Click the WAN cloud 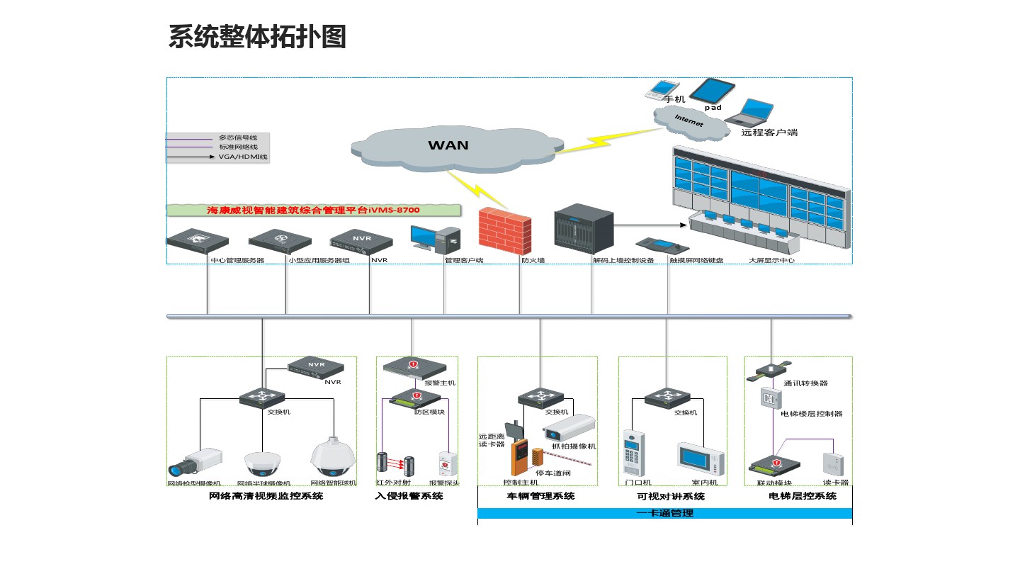(x=448, y=145)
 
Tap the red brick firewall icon (x=504, y=231)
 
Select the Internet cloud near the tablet (x=690, y=121)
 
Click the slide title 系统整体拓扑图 (x=257, y=37)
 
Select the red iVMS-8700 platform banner (x=313, y=210)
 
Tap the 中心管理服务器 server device (x=203, y=241)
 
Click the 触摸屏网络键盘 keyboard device (x=662, y=246)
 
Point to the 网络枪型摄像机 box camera (x=194, y=461)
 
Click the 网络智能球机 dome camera (x=332, y=456)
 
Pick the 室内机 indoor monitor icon (x=701, y=459)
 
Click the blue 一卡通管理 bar (x=664, y=513)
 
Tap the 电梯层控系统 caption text (x=802, y=496)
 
